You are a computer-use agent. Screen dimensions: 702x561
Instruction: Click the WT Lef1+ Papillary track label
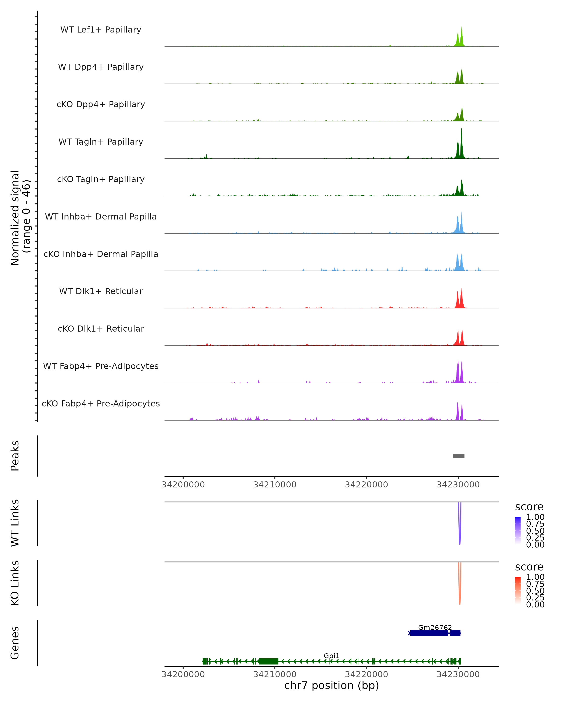pyautogui.click(x=101, y=30)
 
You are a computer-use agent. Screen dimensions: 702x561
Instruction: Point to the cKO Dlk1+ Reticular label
pyautogui.click(x=101, y=329)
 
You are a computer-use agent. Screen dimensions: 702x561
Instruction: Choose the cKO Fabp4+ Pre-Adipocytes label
pyautogui.click(x=101, y=403)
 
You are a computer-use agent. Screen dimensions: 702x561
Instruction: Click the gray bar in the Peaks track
pyautogui.click(x=459, y=456)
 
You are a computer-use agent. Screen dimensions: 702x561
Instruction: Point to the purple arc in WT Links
pyautogui.click(x=460, y=534)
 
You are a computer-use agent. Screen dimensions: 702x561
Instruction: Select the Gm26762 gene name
pyautogui.click(x=435, y=627)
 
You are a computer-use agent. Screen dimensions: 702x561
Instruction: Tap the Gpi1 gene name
pyautogui.click(x=331, y=656)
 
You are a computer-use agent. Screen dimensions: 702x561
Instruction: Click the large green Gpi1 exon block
pyautogui.click(x=268, y=661)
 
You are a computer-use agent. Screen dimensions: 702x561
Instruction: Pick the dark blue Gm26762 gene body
pyautogui.click(x=429, y=633)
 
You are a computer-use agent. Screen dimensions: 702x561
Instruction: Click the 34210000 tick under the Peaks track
pyautogui.click(x=275, y=485)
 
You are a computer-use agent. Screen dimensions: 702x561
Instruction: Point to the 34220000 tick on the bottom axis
pyautogui.click(x=367, y=674)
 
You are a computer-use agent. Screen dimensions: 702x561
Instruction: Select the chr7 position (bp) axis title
pyautogui.click(x=331, y=686)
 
